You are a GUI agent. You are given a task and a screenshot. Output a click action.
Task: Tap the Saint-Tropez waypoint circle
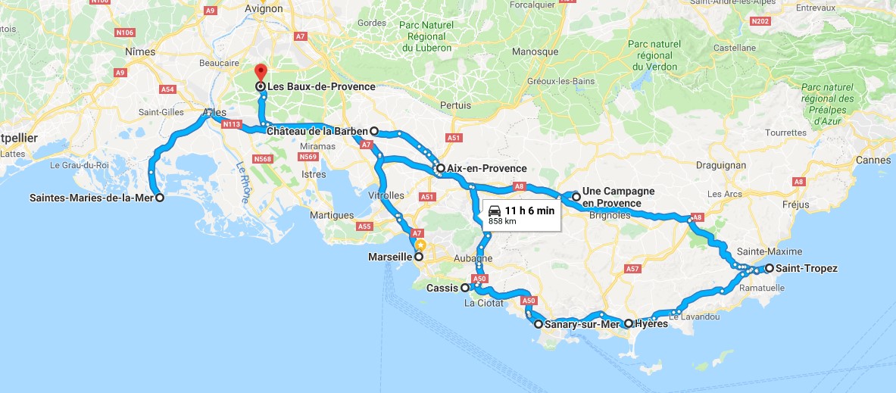tap(769, 268)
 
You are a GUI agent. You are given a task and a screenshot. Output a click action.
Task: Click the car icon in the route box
tap(495, 211)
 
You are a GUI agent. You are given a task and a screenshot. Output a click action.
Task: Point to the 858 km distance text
tap(502, 222)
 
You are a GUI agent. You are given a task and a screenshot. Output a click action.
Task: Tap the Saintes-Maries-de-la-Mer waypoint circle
tap(160, 198)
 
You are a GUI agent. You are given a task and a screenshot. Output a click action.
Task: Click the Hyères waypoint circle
tap(629, 323)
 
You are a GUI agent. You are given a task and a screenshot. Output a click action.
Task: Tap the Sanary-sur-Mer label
tap(580, 324)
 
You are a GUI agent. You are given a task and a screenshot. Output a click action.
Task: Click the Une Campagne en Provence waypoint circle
tap(576, 197)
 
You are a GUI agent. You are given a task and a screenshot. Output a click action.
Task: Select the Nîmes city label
tap(142, 52)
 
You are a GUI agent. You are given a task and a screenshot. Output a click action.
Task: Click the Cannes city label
tap(873, 160)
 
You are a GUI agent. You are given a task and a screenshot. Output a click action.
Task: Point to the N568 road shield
tap(262, 159)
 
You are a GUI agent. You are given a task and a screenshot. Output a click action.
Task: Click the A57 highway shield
tap(633, 269)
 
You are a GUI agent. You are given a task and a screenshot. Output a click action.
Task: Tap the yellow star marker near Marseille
tap(421, 245)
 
